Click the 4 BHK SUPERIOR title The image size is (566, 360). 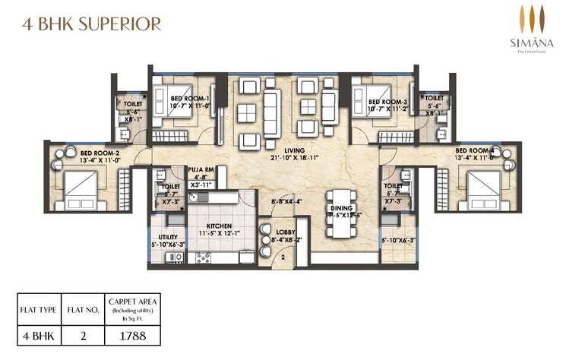click(83, 24)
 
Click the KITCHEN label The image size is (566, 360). click(218, 226)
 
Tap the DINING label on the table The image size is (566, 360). click(339, 208)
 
